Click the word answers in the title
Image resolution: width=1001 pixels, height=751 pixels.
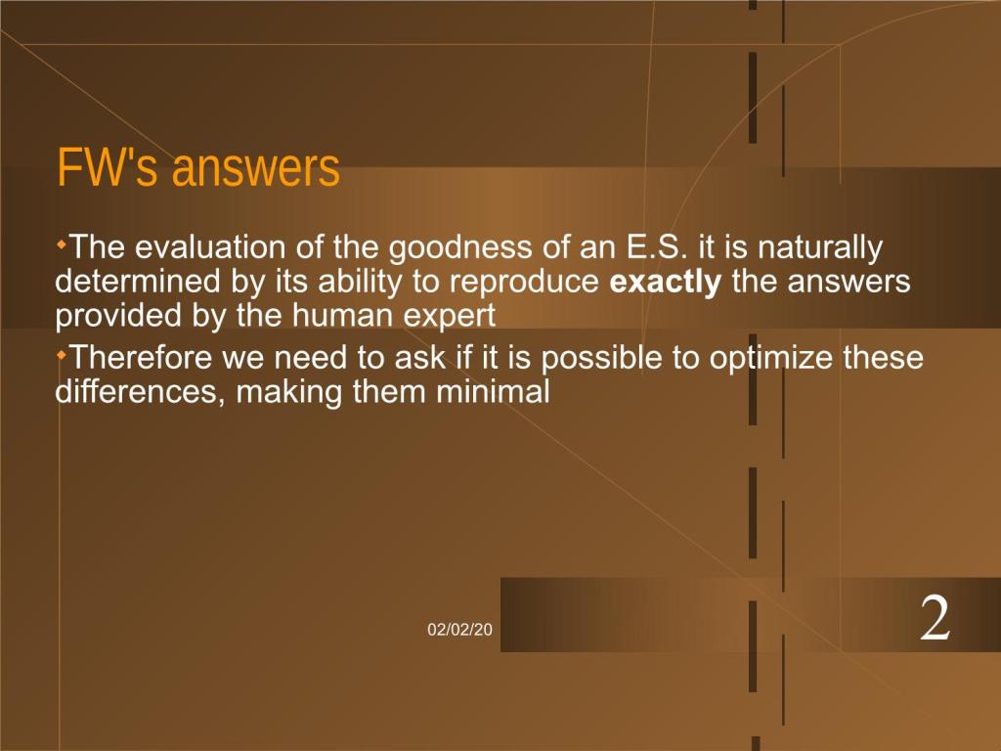point(256,170)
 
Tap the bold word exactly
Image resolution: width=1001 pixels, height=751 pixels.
point(665,283)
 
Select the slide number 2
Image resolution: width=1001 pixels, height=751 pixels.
point(935,618)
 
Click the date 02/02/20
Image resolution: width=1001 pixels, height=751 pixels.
point(459,630)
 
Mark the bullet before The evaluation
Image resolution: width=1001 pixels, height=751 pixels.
point(62,243)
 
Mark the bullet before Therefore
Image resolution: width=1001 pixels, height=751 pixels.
point(62,354)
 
